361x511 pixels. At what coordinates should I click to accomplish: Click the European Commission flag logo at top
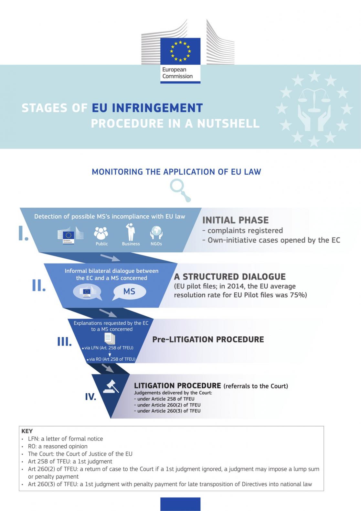point(180,51)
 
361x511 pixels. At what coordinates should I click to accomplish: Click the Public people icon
point(101,233)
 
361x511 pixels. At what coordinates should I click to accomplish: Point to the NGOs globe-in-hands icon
point(156,233)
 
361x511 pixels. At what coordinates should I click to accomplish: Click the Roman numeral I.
point(23,233)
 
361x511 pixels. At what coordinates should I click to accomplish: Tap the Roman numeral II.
point(39,285)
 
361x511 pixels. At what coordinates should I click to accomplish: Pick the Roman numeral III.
point(64,341)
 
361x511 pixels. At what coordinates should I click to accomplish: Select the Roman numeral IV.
point(90,397)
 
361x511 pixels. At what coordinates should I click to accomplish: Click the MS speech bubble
point(129,292)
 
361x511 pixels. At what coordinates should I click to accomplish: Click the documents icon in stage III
point(110,339)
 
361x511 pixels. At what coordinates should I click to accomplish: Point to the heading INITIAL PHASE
point(235,220)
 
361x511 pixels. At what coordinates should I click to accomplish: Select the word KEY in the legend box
point(27,431)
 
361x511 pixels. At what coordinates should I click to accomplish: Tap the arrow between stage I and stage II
point(110,257)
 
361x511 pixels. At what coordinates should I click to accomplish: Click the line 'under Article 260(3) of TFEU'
point(167,411)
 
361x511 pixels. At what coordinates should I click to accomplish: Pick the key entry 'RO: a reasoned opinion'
point(58,446)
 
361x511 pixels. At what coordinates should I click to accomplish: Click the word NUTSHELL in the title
point(228,124)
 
